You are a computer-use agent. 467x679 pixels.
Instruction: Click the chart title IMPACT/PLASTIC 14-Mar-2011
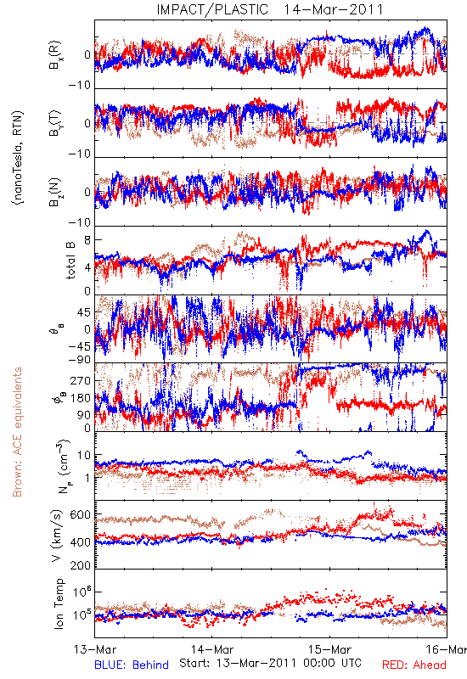coord(270,9)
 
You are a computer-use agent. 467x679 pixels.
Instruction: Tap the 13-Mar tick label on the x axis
coord(95,649)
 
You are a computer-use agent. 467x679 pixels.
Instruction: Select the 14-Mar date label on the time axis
coord(212,649)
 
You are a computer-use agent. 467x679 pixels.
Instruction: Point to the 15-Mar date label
coord(329,649)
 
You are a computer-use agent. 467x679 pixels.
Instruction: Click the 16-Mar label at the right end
coord(447,649)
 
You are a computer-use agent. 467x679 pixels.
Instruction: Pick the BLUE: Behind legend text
coord(132,665)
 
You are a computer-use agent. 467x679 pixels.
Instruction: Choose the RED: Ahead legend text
coord(414,665)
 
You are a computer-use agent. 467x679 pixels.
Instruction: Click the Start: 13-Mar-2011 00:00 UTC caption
coord(270,663)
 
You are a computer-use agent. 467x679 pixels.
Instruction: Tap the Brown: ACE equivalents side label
coord(17,432)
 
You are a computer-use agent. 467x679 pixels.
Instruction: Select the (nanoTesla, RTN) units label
coord(18,158)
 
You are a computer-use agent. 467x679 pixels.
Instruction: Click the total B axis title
coord(70,261)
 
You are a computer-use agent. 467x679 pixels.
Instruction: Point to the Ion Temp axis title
coord(59,603)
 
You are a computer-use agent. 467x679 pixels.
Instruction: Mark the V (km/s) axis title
coord(57,536)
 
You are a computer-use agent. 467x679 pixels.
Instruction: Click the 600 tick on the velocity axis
coord(80,515)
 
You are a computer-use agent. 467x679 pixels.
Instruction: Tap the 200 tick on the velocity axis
coord(80,565)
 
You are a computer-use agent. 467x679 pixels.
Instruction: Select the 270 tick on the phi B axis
coord(80,380)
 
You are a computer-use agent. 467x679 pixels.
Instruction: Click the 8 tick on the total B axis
coord(87,240)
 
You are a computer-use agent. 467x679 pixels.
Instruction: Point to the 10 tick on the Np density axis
coord(84,456)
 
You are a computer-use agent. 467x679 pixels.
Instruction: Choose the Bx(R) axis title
coord(54,55)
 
